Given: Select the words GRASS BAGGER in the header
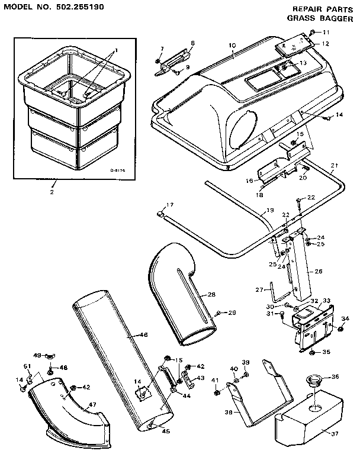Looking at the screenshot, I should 314,18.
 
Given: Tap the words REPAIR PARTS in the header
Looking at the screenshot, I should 314,9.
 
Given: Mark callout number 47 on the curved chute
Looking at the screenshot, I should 92,405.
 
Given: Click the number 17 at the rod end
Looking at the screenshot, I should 170,205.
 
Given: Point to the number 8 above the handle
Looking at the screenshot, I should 192,43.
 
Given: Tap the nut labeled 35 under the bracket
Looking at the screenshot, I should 312,353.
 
